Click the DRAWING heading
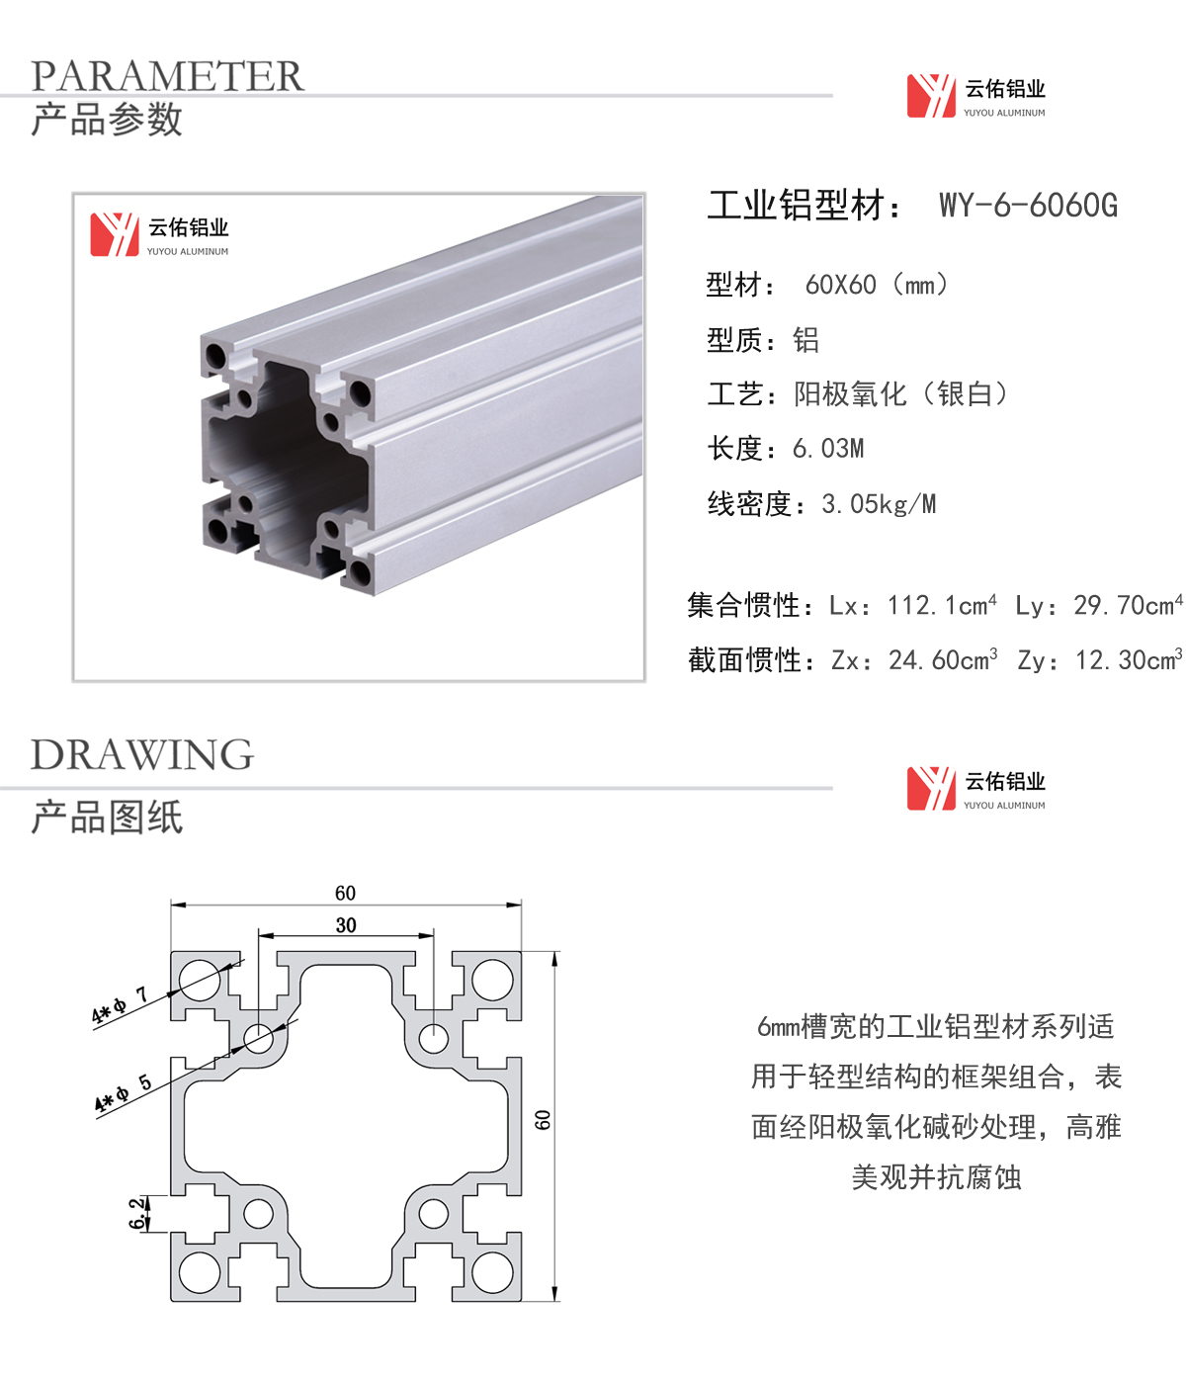pos(141,754)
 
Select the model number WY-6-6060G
pos(1028,205)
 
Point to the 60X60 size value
pos(840,286)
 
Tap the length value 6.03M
pos(828,449)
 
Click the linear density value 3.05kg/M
pos(879,504)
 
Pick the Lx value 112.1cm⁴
pos(942,605)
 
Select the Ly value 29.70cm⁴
pos(1129,605)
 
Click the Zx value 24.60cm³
pos(943,660)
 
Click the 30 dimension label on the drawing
pos(346,925)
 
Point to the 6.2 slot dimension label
pos(137,1213)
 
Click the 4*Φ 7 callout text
pos(120,1005)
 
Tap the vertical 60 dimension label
pos(543,1120)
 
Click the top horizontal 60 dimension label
pos(346,894)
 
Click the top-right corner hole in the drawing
pos(492,980)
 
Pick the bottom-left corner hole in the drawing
pos(200,1273)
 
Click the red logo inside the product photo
pos(115,234)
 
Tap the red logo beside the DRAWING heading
pos(931,789)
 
